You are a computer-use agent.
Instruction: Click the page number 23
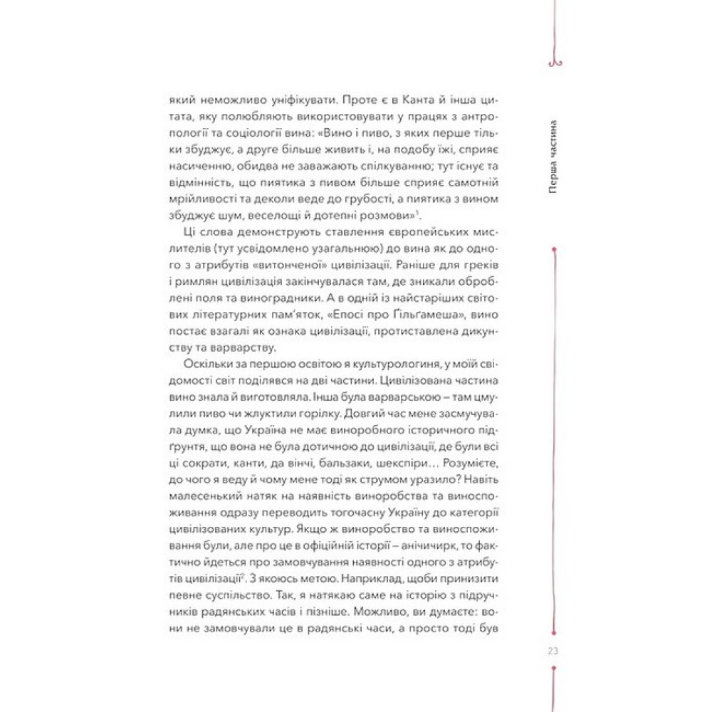(x=554, y=648)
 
